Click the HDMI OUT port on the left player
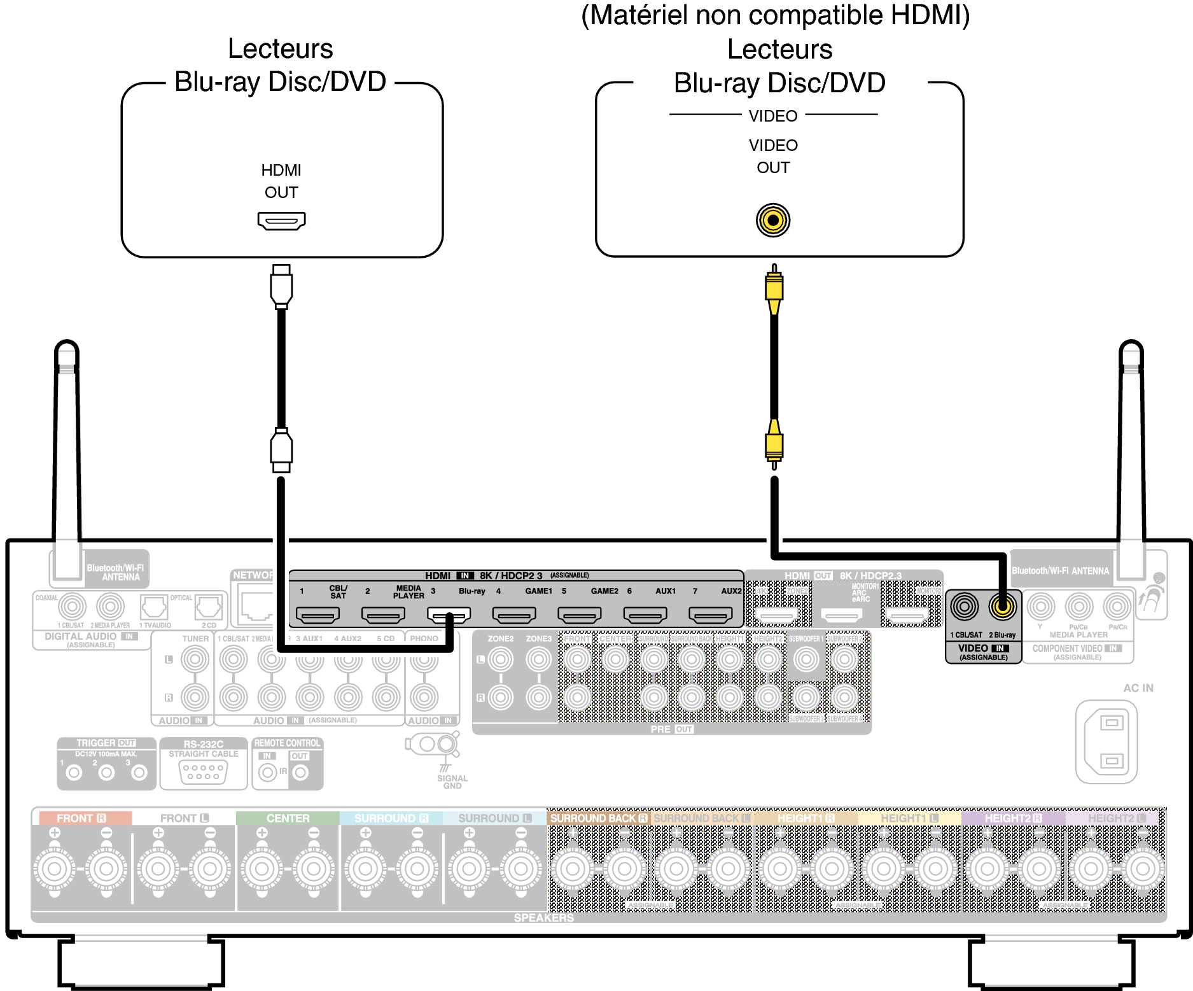click(281, 221)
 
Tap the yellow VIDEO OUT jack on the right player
click(773, 220)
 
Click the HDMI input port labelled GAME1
click(514, 615)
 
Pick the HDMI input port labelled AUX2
click(711, 615)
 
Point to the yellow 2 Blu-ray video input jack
click(1002, 607)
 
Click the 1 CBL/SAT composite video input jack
click(965, 607)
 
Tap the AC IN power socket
click(1106, 741)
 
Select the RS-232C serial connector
click(203, 772)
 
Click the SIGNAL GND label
click(452, 782)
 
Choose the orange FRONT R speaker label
click(81, 818)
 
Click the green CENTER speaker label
click(288, 818)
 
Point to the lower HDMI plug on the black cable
click(281, 449)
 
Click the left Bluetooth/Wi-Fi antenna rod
click(67, 446)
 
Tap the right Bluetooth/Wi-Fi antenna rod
click(1131, 446)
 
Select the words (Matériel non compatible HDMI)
click(776, 16)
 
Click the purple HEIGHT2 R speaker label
click(1013, 818)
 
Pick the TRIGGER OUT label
click(106, 743)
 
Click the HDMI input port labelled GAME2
click(580, 615)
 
